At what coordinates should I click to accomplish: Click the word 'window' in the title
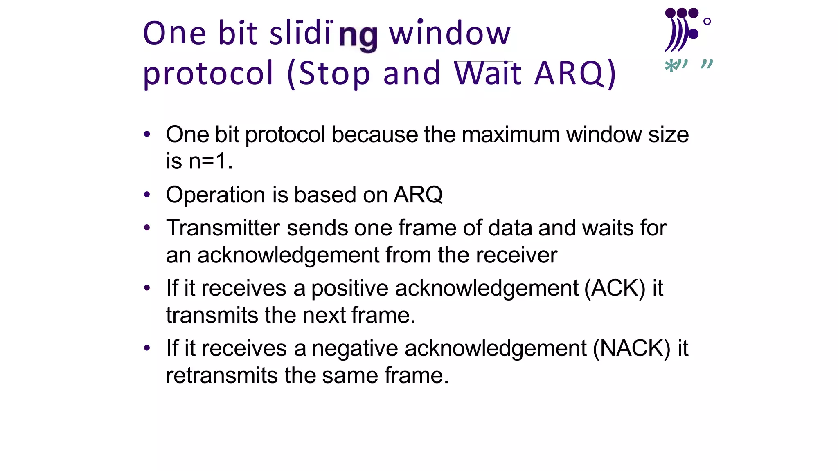click(450, 34)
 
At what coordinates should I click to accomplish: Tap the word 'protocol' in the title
click(208, 74)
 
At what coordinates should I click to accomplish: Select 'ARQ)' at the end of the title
click(575, 74)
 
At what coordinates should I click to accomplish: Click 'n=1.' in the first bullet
click(210, 161)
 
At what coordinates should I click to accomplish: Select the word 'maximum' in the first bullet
click(510, 135)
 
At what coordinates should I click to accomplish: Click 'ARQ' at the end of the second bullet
click(418, 195)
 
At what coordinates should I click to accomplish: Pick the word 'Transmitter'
click(223, 228)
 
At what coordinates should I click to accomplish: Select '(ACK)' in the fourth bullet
click(615, 288)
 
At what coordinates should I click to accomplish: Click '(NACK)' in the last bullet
click(631, 348)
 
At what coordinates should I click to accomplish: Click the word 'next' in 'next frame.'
click(324, 315)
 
